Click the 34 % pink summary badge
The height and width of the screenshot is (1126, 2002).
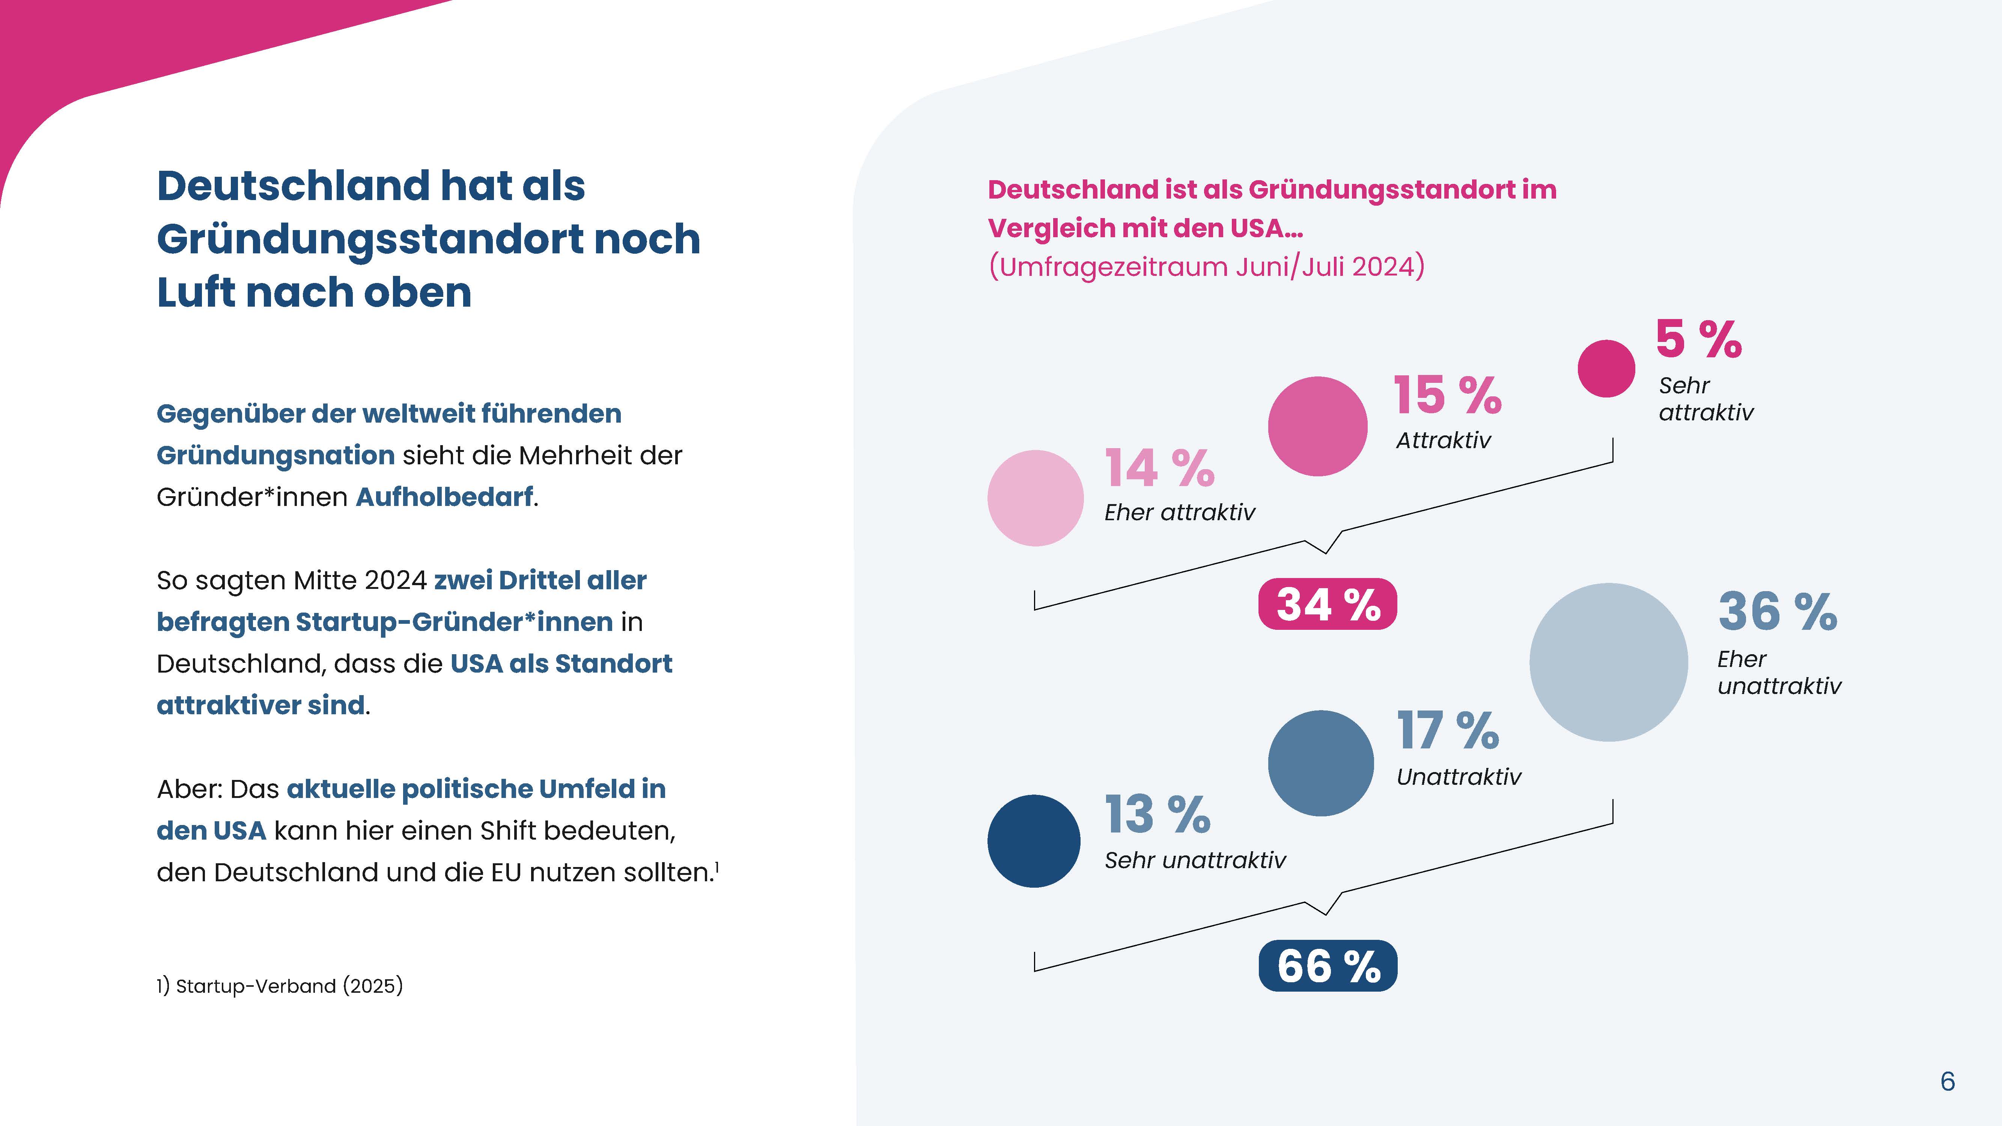pos(1328,604)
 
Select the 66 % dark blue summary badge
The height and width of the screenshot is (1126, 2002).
pos(1328,966)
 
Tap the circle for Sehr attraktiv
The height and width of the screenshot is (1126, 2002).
pos(1606,368)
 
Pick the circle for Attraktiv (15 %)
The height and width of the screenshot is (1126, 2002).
pos(1317,426)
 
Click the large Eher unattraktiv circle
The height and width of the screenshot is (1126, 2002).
pos(1608,662)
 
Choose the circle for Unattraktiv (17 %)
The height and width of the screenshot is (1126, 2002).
pos(1320,763)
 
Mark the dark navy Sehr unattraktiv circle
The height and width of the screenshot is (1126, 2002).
pos(1034,841)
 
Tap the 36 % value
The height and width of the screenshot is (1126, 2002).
pos(1778,611)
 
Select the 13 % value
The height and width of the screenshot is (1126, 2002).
pos(1157,814)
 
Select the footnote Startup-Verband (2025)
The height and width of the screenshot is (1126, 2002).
pos(280,986)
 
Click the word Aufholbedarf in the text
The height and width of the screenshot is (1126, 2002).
pos(444,497)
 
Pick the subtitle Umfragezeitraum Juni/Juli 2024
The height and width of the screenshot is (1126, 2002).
pos(1206,266)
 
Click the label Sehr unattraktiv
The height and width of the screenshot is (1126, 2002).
pos(1195,860)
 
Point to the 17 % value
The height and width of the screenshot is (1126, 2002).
pos(1447,730)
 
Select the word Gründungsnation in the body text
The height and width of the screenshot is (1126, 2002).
pos(276,455)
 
